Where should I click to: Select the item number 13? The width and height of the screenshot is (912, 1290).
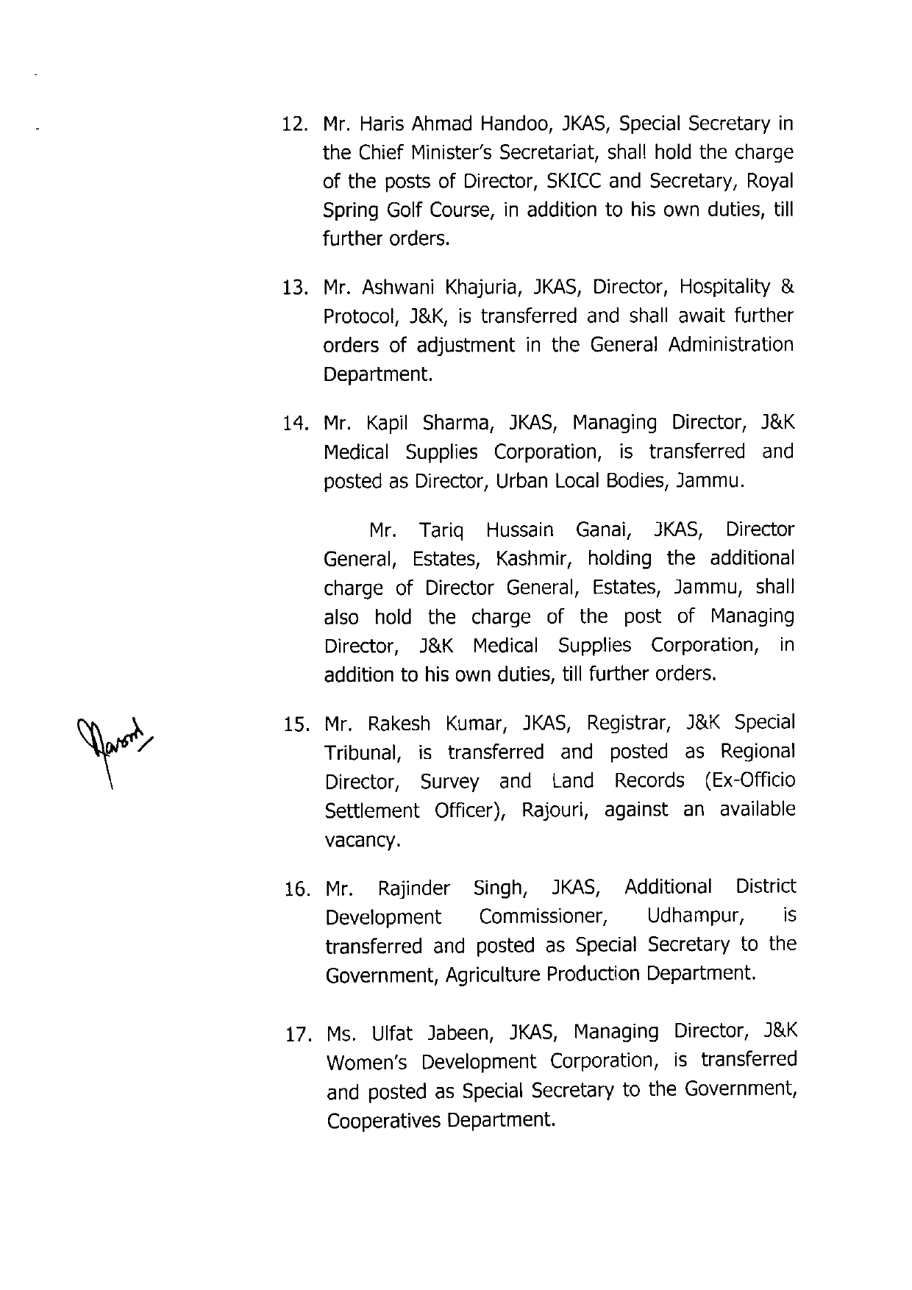[295, 288]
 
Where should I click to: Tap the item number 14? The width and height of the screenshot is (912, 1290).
[295, 424]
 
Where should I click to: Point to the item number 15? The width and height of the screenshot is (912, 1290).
[296, 726]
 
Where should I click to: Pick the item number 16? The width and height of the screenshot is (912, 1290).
[296, 890]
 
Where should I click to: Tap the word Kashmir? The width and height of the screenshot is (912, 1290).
[534, 560]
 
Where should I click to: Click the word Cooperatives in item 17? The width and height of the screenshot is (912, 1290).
[385, 1121]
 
